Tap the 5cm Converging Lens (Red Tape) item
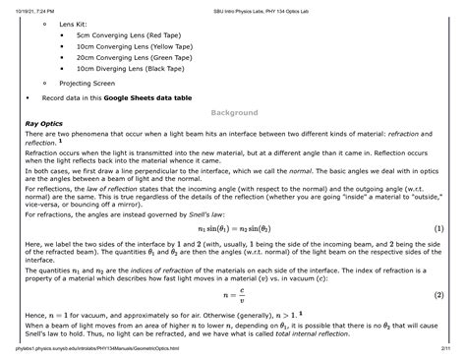(132, 33)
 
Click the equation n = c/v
(233, 294)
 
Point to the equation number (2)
(438, 294)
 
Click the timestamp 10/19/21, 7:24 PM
(38, 7)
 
